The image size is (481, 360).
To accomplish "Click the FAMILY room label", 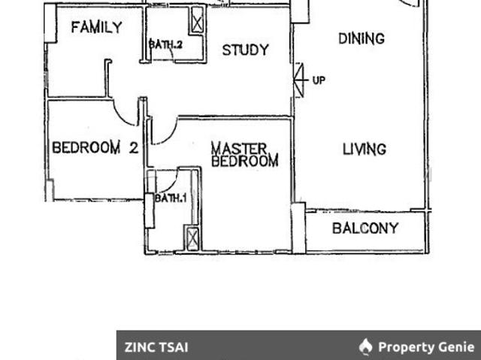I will tap(96, 28).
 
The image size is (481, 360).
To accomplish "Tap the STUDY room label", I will tap(245, 50).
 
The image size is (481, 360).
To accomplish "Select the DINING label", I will tap(361, 38).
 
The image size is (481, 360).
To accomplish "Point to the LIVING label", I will tap(364, 149).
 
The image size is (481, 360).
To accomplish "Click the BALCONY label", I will tap(365, 228).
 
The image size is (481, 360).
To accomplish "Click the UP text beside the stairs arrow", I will tap(319, 80).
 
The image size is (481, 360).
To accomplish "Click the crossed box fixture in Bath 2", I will tap(197, 21).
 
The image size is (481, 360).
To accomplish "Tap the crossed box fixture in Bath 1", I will tap(192, 238).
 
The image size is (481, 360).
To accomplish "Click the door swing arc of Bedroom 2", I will tap(126, 113).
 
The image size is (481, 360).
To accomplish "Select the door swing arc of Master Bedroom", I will tap(165, 132).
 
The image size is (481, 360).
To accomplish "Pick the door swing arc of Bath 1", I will tap(167, 181).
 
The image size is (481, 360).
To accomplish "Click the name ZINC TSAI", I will tap(156, 347).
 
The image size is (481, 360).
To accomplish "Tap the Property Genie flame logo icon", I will tap(366, 346).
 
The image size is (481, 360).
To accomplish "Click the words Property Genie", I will tap(425, 347).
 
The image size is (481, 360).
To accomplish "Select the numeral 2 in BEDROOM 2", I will tap(133, 148).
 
